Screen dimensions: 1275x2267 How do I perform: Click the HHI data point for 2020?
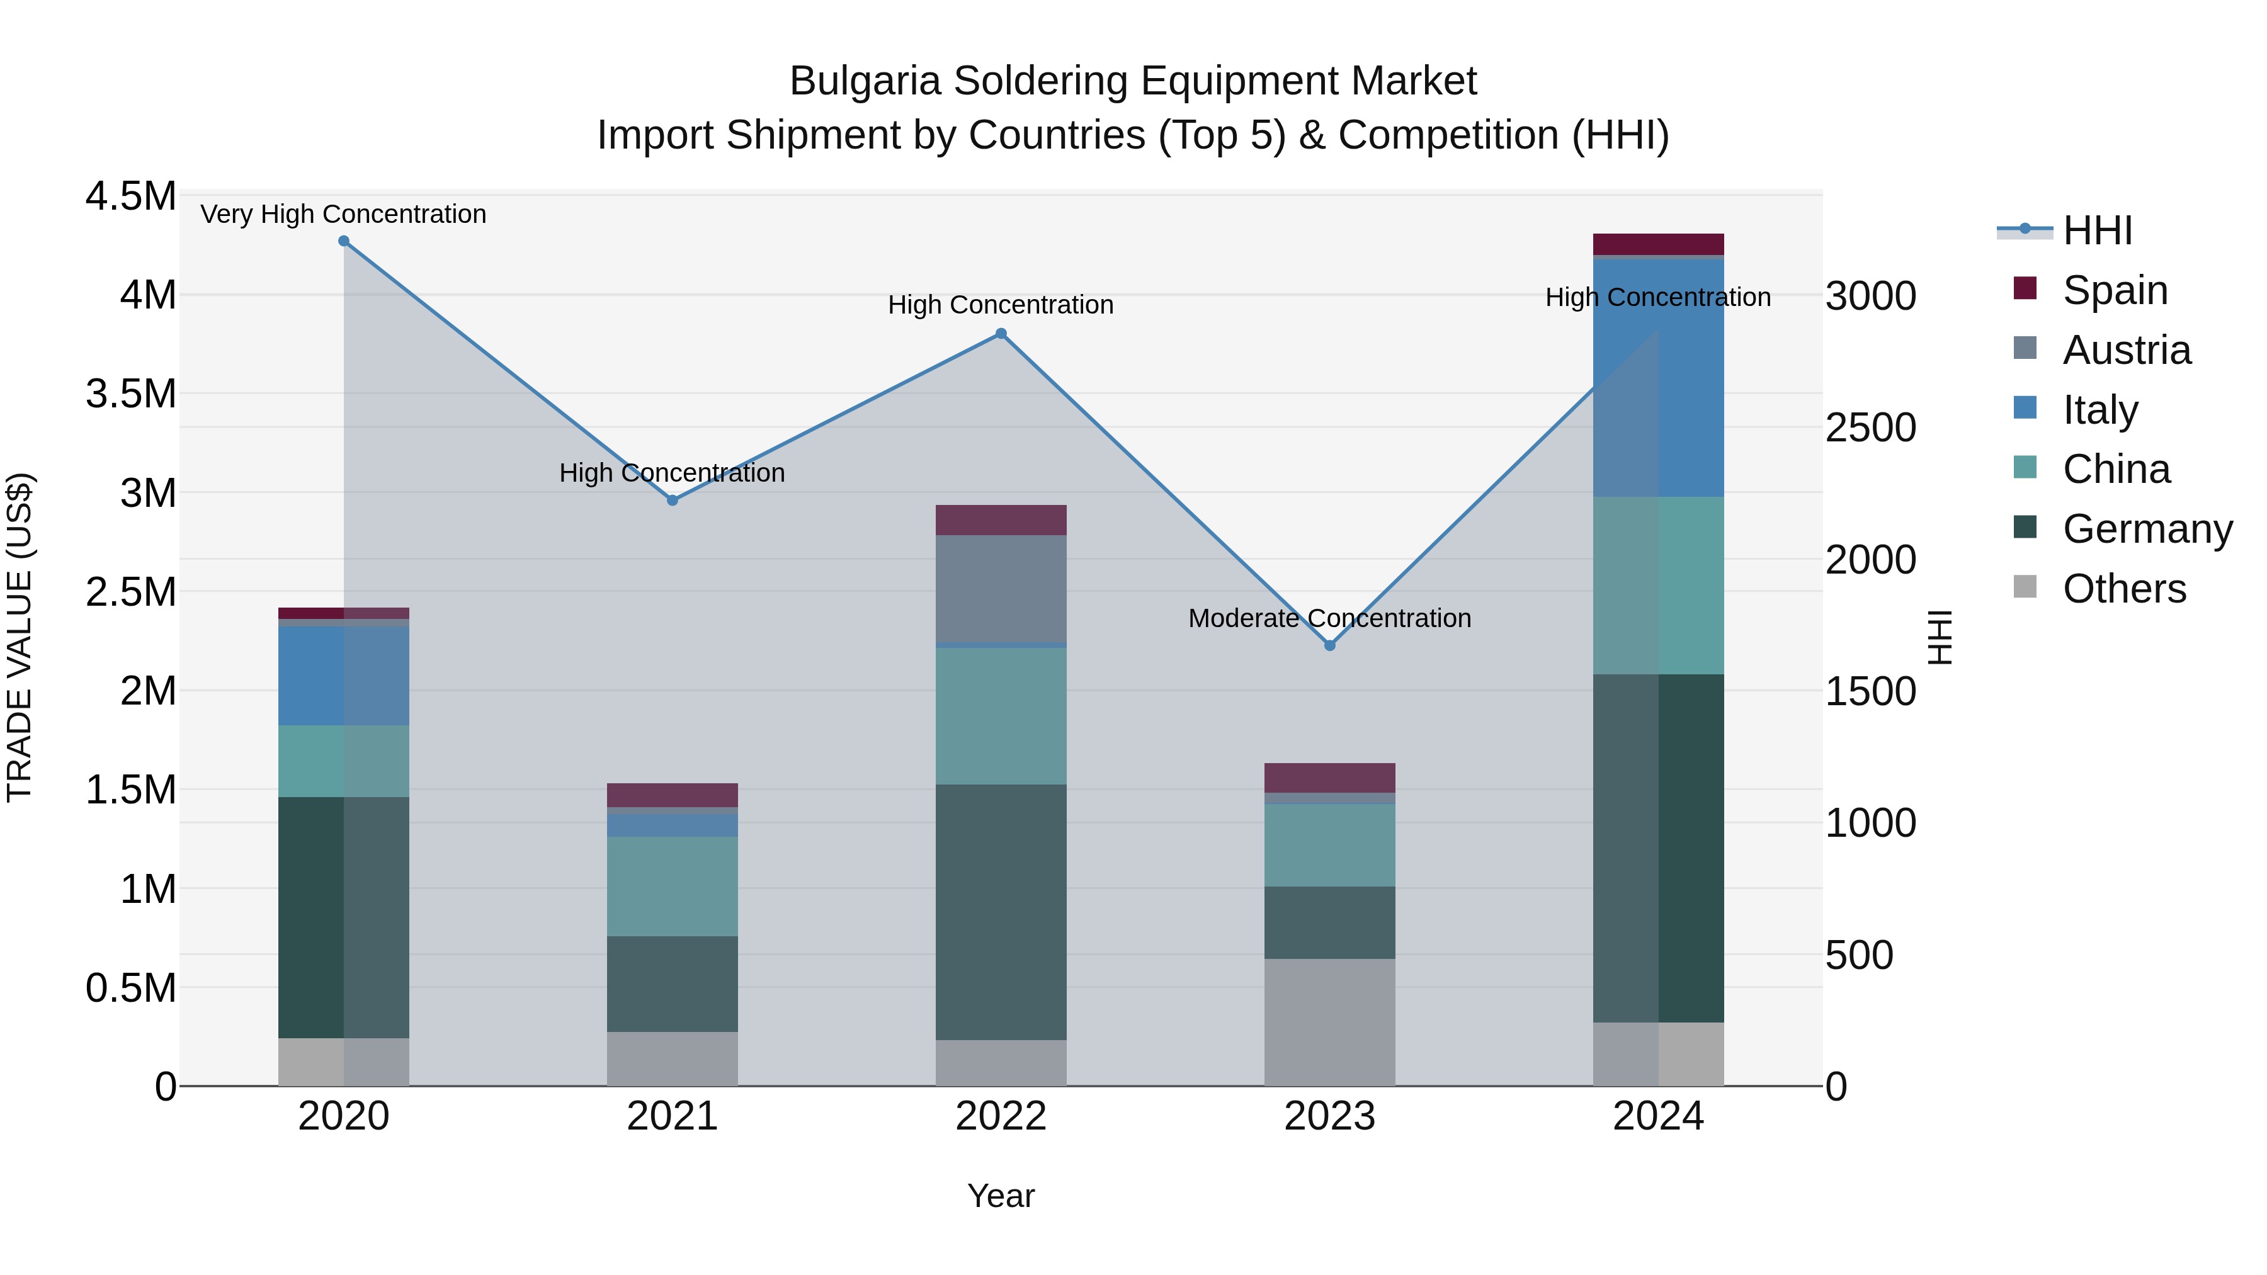[344, 241]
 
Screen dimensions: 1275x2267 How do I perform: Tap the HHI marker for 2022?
[1001, 334]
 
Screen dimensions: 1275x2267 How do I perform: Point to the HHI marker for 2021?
[673, 501]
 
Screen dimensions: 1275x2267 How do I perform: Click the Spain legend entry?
[2115, 290]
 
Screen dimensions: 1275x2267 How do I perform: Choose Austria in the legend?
[2126, 350]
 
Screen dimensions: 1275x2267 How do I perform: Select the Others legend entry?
[2123, 589]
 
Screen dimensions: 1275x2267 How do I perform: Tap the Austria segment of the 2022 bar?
[1001, 589]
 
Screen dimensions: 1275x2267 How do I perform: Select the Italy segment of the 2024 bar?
[1658, 378]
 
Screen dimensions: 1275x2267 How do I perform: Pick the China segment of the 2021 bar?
[673, 886]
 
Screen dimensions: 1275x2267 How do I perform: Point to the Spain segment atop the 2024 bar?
[1658, 244]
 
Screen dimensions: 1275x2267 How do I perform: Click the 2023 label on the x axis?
[1330, 1116]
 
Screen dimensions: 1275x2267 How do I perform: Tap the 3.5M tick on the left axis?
[131, 394]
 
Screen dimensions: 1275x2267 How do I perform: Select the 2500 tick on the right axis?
[1870, 428]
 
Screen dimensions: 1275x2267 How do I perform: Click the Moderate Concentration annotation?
[1330, 618]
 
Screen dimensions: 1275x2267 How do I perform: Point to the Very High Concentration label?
[343, 215]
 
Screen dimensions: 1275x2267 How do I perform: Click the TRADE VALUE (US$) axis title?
[20, 637]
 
